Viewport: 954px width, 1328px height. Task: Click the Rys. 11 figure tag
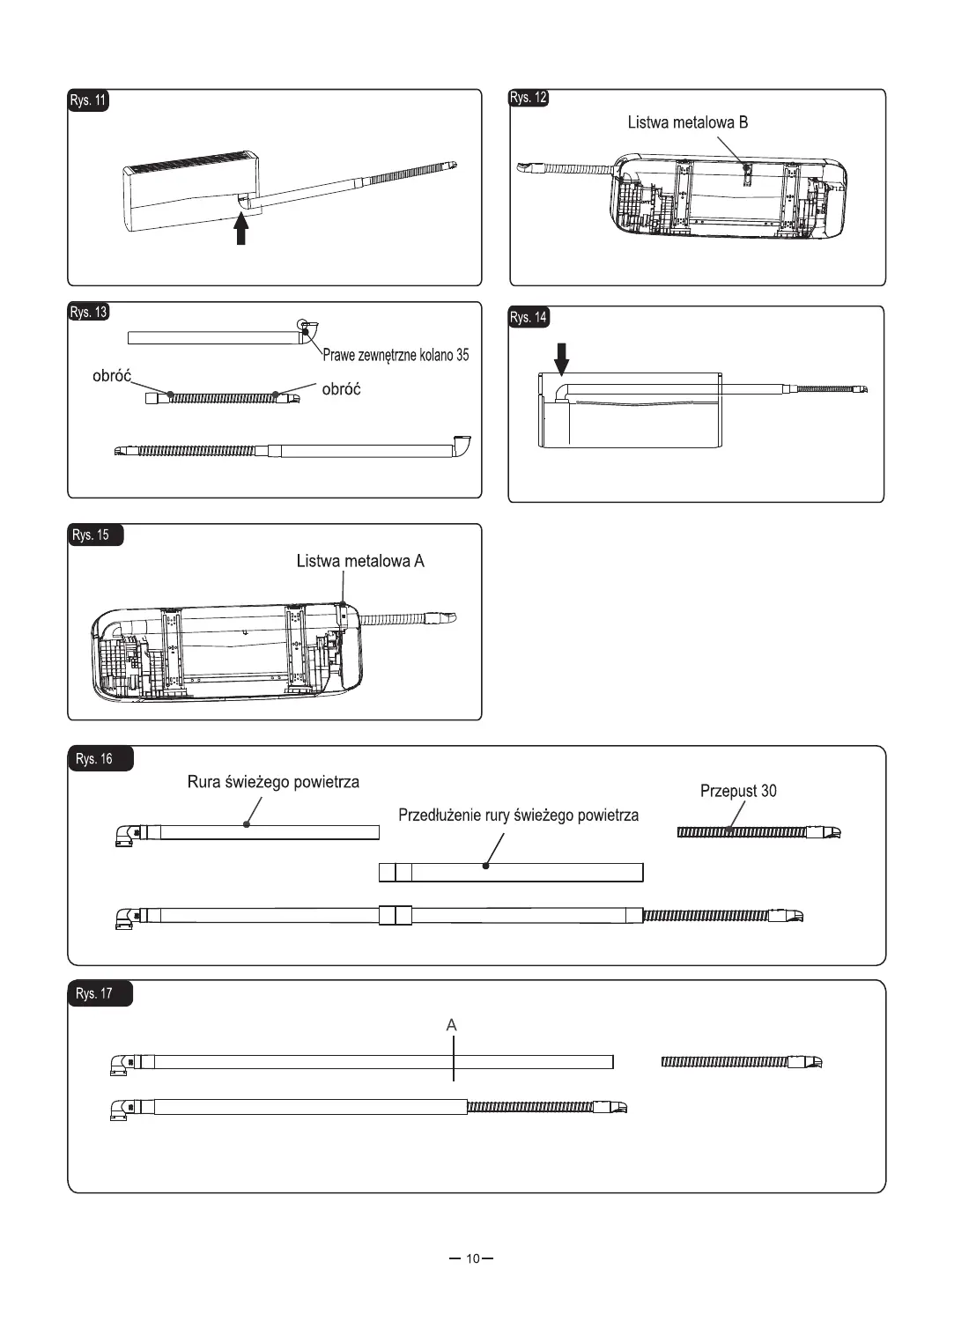click(x=88, y=100)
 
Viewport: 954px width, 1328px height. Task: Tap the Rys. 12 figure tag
click(x=529, y=98)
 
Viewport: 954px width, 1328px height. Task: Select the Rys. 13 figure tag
click(x=88, y=312)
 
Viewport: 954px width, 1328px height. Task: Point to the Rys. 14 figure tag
click(x=529, y=317)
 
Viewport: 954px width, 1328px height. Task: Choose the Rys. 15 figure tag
click(x=92, y=535)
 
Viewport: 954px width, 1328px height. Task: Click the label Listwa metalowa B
click(x=687, y=122)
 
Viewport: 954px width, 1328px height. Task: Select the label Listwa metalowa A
click(x=360, y=561)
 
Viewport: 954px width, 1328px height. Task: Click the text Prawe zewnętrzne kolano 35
click(x=396, y=356)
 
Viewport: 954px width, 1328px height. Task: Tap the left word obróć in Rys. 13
click(x=112, y=376)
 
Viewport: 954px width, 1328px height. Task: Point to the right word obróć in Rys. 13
click(x=341, y=389)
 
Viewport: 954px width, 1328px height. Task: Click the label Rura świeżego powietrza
click(x=273, y=782)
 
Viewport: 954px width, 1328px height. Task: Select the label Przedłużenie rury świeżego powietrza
click(x=518, y=815)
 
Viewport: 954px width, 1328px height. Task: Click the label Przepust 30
click(x=738, y=791)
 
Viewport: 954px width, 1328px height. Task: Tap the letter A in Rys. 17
click(x=452, y=1025)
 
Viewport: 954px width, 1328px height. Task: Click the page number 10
click(x=473, y=1258)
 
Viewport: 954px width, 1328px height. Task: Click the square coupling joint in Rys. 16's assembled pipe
click(x=396, y=915)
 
